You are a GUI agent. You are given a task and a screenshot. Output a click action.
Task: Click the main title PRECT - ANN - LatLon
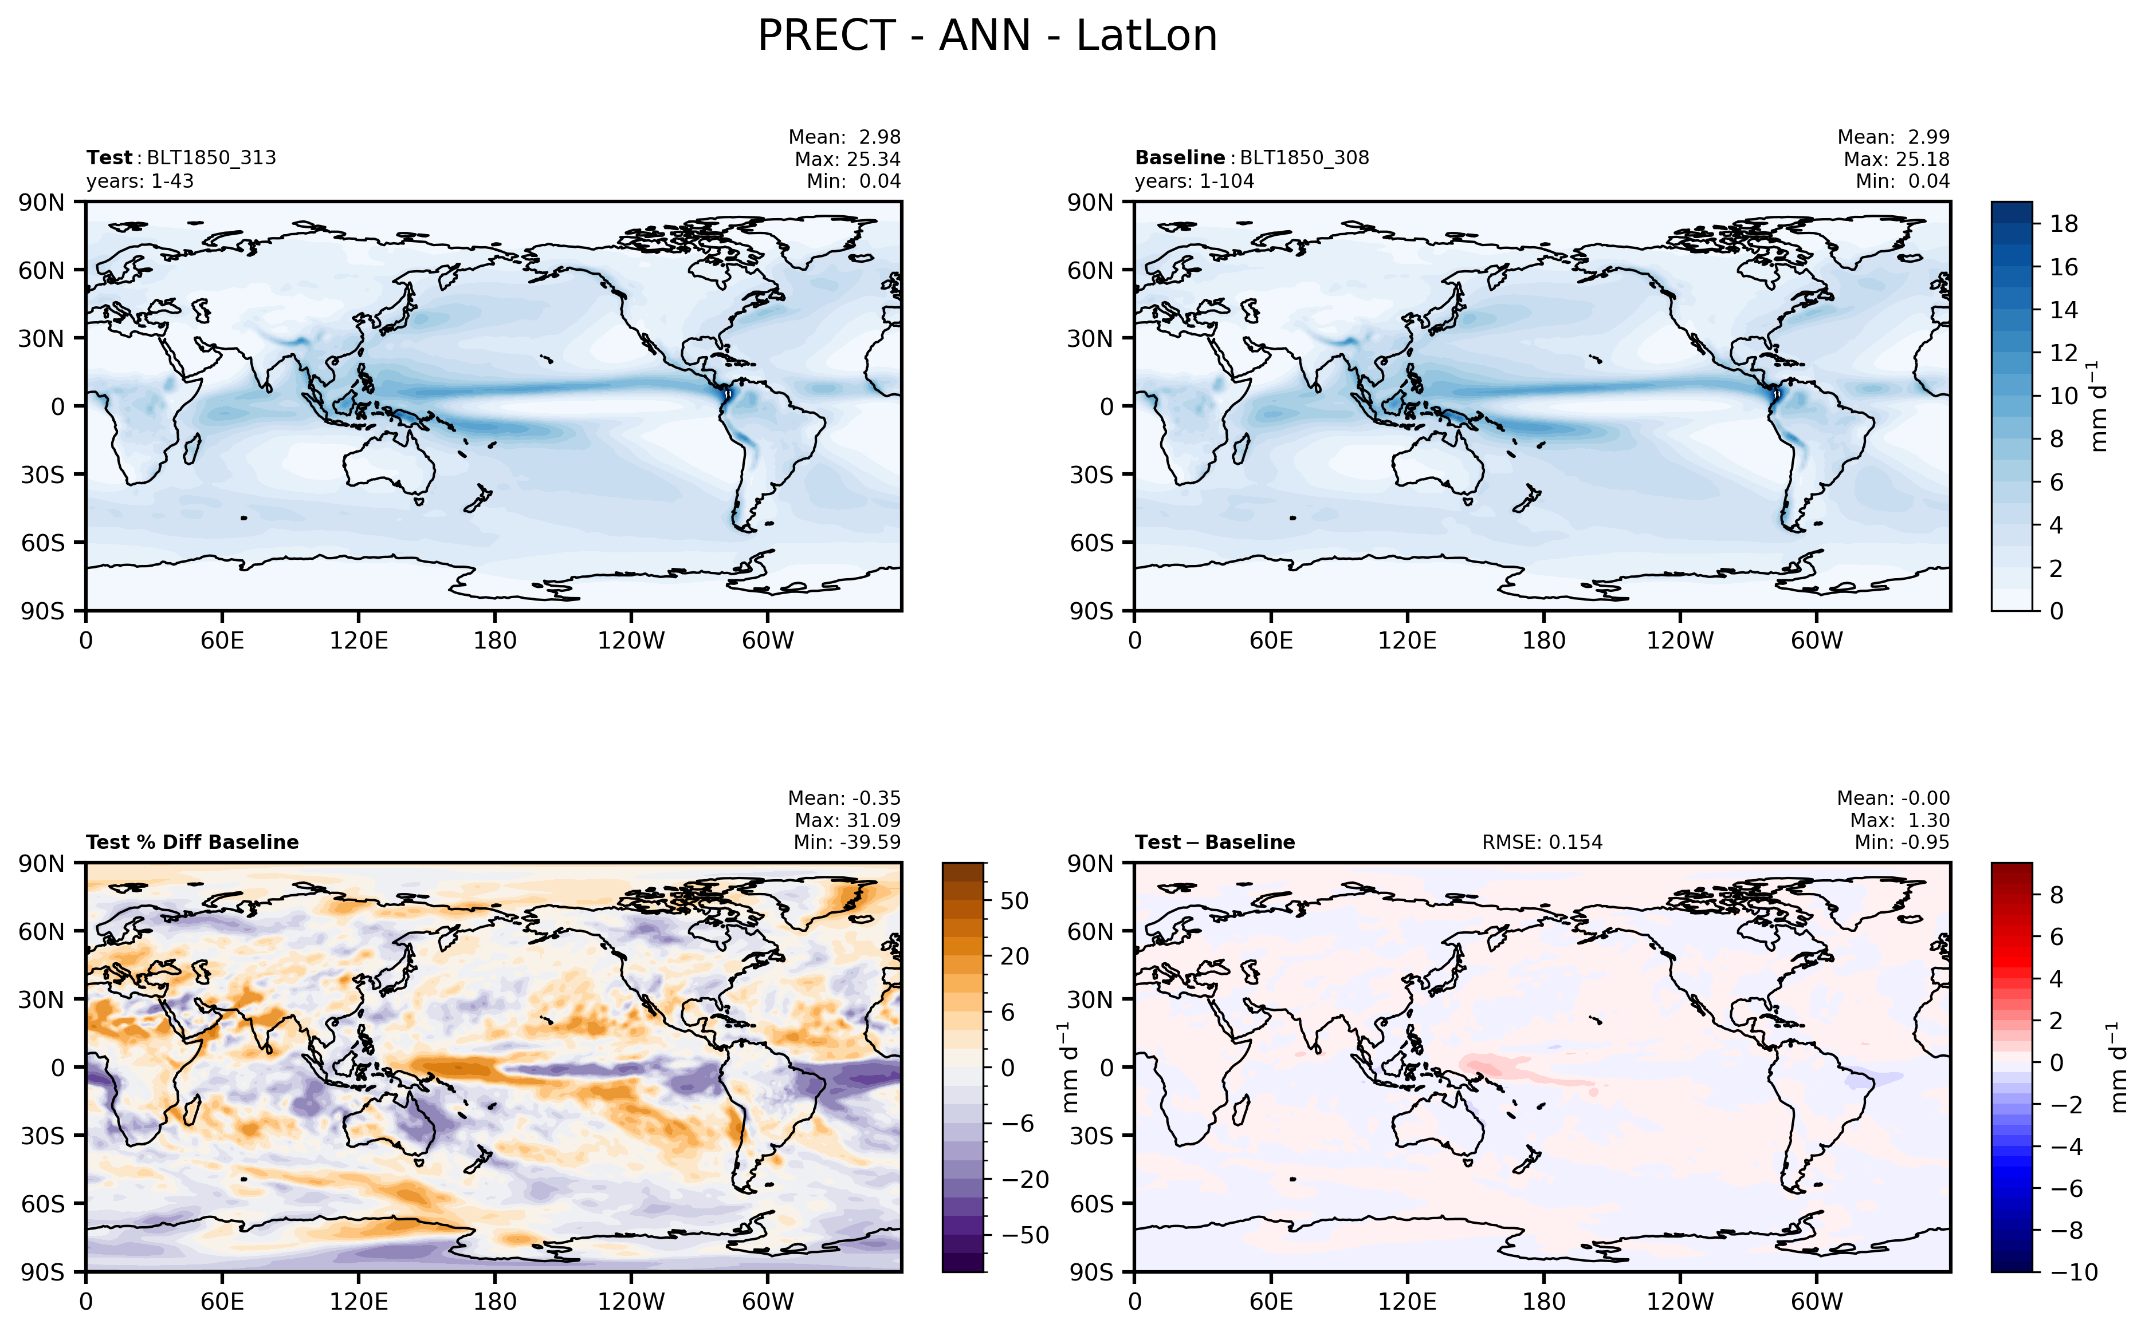tap(987, 36)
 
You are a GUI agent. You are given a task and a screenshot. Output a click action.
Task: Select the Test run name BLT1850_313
tap(211, 157)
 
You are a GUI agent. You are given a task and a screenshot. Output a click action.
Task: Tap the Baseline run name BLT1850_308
tap(1305, 157)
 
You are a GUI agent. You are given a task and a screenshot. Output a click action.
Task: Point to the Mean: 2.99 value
tap(1893, 137)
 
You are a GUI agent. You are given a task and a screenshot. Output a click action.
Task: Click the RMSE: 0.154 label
tap(1542, 842)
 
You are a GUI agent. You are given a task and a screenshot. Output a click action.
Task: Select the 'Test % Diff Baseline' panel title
tap(192, 842)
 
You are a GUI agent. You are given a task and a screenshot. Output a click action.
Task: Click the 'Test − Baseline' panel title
tap(1215, 842)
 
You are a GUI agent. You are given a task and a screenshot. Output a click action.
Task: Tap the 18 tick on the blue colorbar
tap(2064, 224)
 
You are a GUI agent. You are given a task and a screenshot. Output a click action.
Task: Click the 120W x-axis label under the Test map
tap(631, 641)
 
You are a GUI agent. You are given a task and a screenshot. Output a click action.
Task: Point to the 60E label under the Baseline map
tap(1271, 641)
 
